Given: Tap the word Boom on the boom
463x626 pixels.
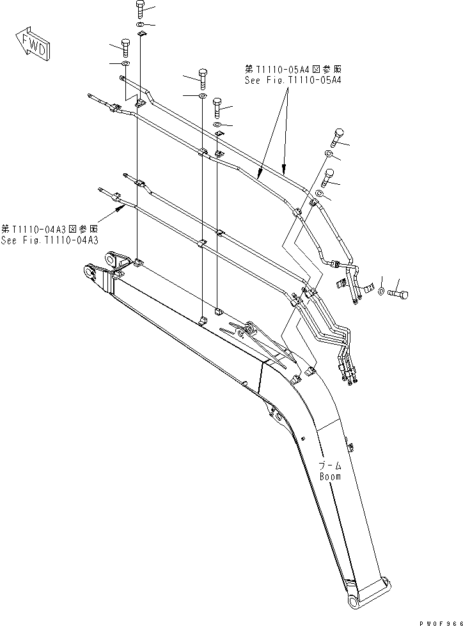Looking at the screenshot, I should click(330, 476).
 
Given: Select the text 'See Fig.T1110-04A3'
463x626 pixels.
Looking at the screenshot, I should click(49, 240).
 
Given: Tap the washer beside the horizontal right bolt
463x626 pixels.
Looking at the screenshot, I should click(382, 292).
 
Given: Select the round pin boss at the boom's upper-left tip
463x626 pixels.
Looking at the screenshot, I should click(88, 272).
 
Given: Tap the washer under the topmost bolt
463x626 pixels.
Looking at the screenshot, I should click(141, 24).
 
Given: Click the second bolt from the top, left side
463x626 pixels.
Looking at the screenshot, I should click(125, 48).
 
